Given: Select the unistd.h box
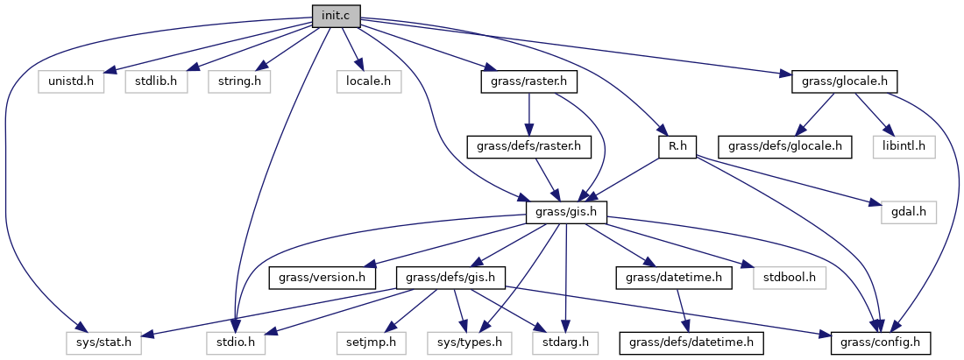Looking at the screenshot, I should click(71, 81).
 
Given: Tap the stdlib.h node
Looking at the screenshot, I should click(151, 81).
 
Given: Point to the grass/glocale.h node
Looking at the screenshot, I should click(845, 81).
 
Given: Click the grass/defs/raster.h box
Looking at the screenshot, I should click(528, 146).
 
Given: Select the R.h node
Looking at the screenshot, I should click(677, 146).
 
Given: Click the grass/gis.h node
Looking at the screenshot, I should click(567, 211).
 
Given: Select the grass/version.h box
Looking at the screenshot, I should click(323, 277).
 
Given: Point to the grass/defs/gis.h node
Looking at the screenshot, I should click(451, 277).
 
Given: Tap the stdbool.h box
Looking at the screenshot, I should click(790, 277).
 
